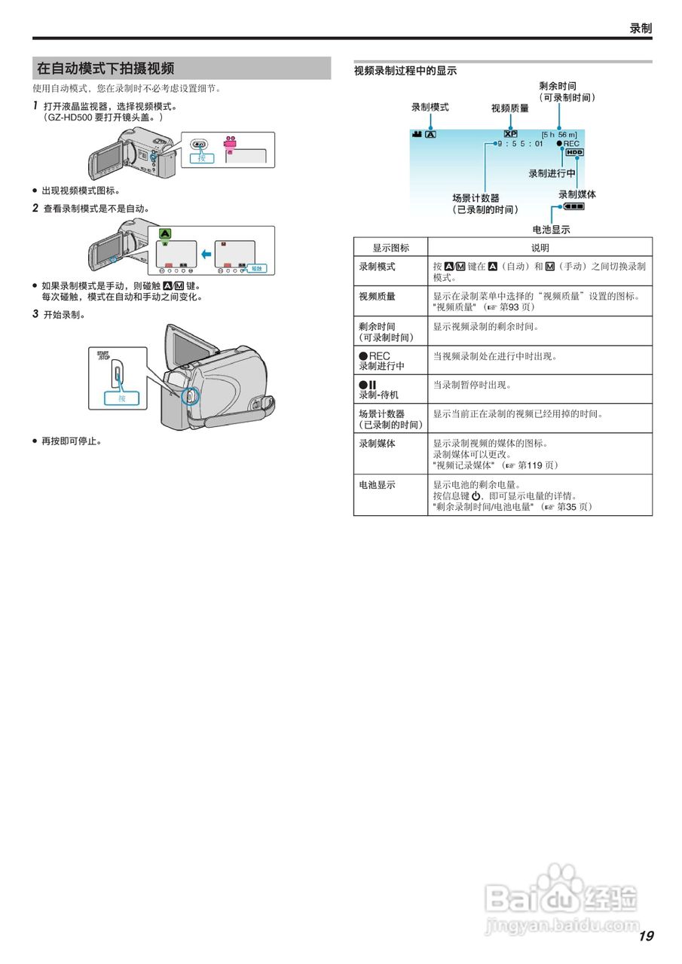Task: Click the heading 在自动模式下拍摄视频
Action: click(106, 69)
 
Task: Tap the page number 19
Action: click(645, 936)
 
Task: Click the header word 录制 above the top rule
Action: click(641, 29)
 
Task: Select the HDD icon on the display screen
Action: click(575, 152)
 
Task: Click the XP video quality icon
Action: click(510, 134)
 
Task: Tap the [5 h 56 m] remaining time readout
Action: click(559, 134)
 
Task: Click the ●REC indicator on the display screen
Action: click(567, 143)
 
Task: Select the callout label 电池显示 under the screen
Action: click(551, 230)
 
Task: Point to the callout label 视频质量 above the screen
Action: click(509, 108)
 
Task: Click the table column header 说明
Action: click(540, 247)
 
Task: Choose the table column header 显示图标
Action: click(390, 247)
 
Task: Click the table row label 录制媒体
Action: click(377, 443)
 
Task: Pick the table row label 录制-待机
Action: click(379, 394)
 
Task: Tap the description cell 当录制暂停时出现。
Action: click(471, 385)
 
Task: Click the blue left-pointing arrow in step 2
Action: click(205, 253)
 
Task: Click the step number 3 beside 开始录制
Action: click(35, 314)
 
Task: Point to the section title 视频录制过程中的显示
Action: click(405, 71)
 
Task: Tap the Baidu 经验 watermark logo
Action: click(561, 898)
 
